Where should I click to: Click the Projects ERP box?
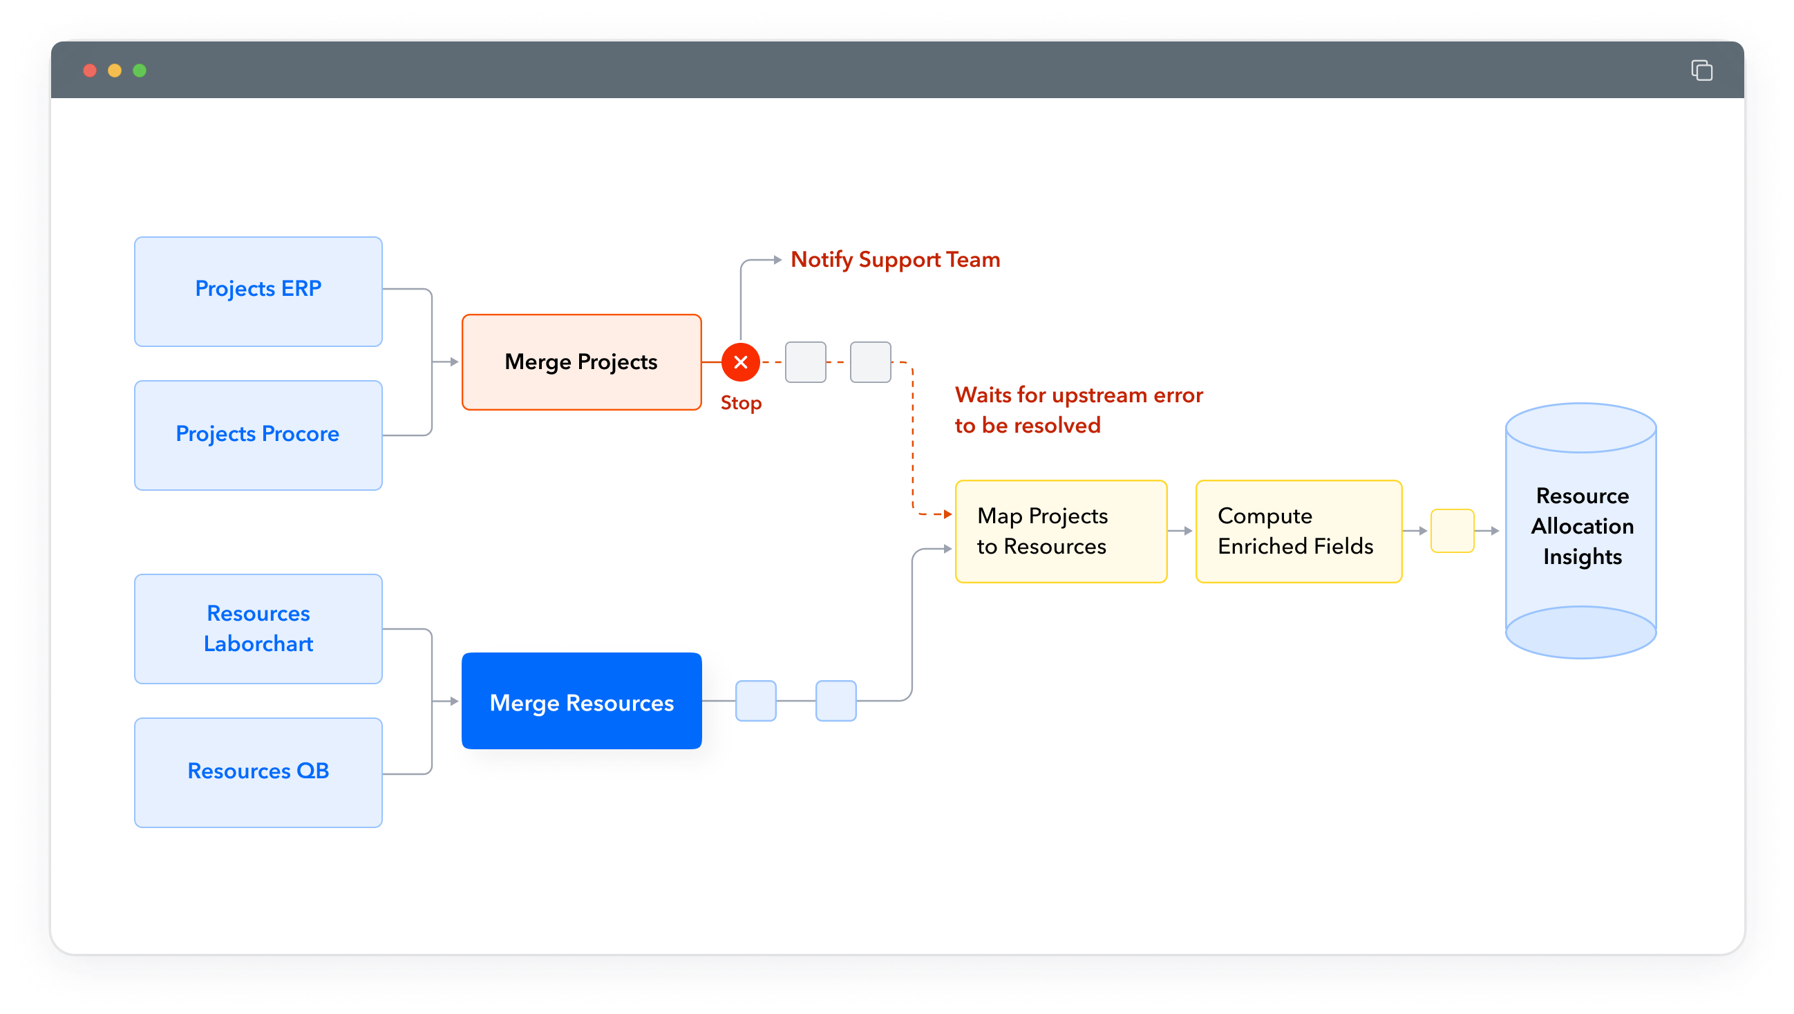pyautogui.click(x=258, y=291)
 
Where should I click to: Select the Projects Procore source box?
pyautogui.click(x=258, y=435)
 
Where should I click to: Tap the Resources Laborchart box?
pyautogui.click(x=258, y=628)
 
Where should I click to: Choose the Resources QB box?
pyautogui.click(x=258, y=771)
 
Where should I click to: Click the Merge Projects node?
pyautogui.click(x=580, y=362)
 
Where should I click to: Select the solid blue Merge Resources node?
pyautogui.click(x=580, y=701)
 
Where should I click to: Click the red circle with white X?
pyautogui.click(x=740, y=362)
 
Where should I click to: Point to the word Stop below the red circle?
pyautogui.click(x=740, y=402)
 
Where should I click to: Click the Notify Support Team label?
pyautogui.click(x=895, y=259)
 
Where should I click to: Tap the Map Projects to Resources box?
pyautogui.click(x=1060, y=531)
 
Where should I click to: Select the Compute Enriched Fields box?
pyautogui.click(x=1298, y=531)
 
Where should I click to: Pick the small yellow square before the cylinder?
pyautogui.click(x=1451, y=531)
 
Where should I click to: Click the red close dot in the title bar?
pyautogui.click(x=90, y=71)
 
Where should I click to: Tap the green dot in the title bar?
pyautogui.click(x=140, y=71)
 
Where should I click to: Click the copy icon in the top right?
pyautogui.click(x=1701, y=71)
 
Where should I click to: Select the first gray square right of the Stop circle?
pyautogui.click(x=805, y=362)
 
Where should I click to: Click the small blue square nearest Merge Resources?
pyautogui.click(x=755, y=701)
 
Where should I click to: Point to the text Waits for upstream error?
pyautogui.click(x=1078, y=395)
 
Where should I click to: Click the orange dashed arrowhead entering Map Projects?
pyautogui.click(x=947, y=514)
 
